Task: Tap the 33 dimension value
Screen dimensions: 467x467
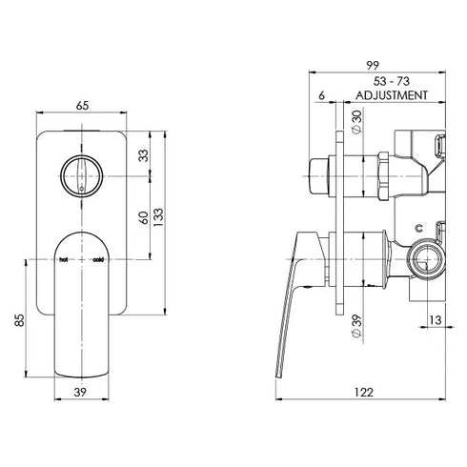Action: click(x=144, y=154)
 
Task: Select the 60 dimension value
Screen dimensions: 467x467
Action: click(x=144, y=217)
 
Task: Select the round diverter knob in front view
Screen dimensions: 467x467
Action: click(x=81, y=175)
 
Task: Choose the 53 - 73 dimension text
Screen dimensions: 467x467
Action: click(x=388, y=82)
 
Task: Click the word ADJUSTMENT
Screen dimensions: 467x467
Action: click(x=388, y=96)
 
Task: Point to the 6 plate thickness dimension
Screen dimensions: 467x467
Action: click(x=324, y=96)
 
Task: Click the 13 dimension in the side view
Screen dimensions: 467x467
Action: click(x=434, y=321)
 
